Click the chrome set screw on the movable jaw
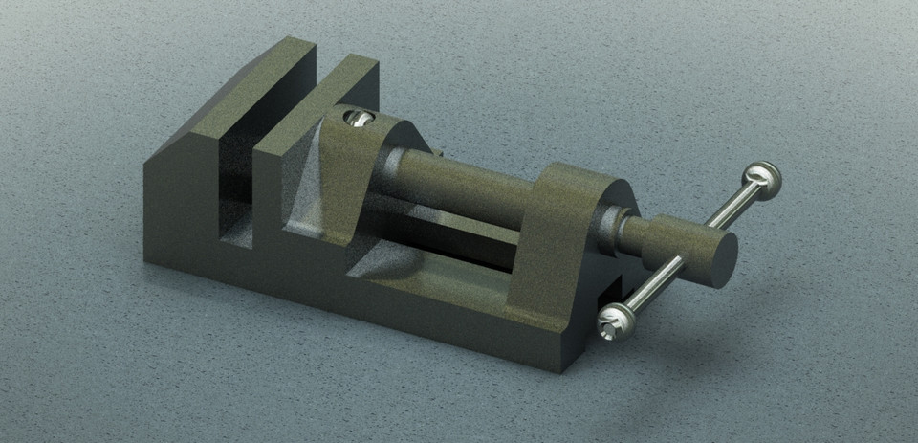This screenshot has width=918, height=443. pos(356,118)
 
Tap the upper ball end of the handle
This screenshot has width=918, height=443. pos(764,178)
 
